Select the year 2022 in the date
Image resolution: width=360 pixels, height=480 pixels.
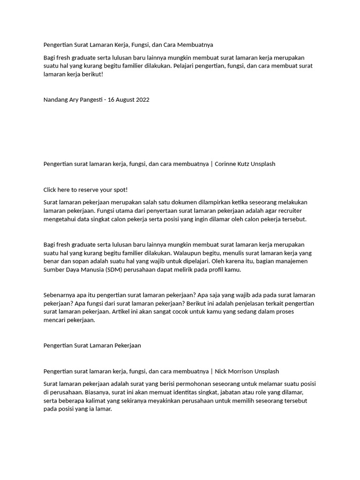(x=141, y=100)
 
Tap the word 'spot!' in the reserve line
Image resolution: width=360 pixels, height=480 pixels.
(x=120, y=190)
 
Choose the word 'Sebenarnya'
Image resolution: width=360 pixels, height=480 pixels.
(x=59, y=295)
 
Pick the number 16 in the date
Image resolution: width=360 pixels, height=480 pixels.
(x=111, y=100)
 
